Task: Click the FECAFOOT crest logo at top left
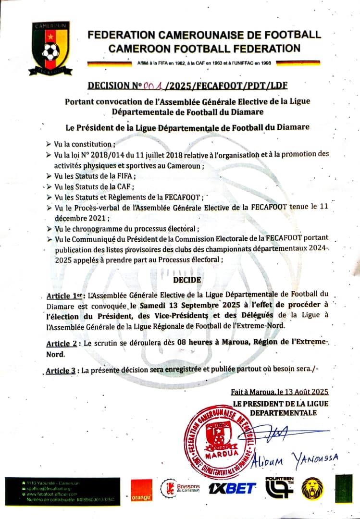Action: coord(50,48)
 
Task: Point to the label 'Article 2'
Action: coord(63,344)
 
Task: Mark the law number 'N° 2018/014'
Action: coord(96,154)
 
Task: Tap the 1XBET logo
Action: coord(232,489)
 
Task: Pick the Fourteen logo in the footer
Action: coord(279,487)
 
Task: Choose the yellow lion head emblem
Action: coord(312,488)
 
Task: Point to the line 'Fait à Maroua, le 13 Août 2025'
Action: coord(279,392)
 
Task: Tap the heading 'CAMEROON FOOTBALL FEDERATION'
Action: coord(204,48)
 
